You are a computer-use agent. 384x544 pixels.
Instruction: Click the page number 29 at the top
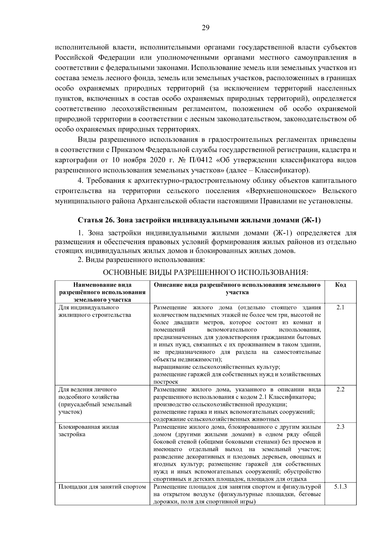pyautogui.click(x=205, y=28)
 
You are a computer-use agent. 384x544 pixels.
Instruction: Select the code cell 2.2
pyautogui.click(x=340, y=390)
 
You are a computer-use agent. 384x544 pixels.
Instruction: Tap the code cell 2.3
pyautogui.click(x=340, y=427)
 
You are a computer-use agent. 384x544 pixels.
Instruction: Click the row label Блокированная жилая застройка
pyautogui.click(x=88, y=431)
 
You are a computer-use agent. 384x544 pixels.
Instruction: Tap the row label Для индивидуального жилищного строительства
pyautogui.click(x=94, y=311)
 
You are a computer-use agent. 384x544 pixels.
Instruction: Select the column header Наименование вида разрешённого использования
pyautogui.click(x=102, y=292)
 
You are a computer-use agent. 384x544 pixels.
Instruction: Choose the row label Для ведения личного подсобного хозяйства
pyautogui.click(x=95, y=401)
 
